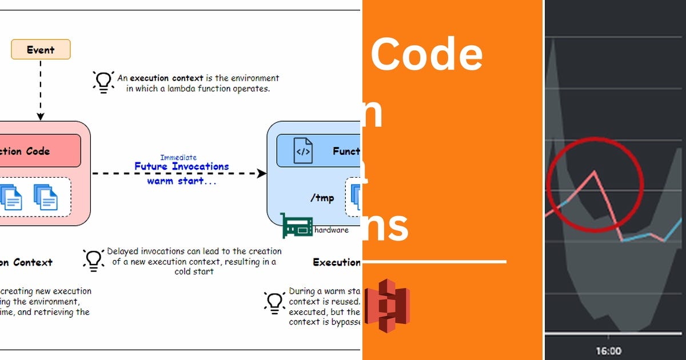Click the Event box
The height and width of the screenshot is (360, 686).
click(41, 50)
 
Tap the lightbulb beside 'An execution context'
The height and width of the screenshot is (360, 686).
click(103, 82)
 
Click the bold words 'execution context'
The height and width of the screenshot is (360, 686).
click(166, 78)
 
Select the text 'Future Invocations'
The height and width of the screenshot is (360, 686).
click(181, 167)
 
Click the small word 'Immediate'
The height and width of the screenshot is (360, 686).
click(178, 157)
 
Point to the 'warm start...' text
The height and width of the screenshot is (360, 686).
click(182, 181)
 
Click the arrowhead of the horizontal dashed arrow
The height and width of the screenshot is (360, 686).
click(262, 173)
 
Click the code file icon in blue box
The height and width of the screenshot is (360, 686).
click(303, 151)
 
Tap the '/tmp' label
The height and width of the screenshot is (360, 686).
click(322, 198)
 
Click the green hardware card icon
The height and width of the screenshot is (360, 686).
click(297, 226)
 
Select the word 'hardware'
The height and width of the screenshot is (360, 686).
click(331, 230)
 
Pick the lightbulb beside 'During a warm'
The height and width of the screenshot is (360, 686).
click(274, 302)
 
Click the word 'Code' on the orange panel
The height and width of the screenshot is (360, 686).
click(426, 54)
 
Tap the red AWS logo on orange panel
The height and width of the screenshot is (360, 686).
click(387, 306)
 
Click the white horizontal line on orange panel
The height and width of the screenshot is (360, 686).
click(434, 262)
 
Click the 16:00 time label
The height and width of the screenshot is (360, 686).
click(608, 350)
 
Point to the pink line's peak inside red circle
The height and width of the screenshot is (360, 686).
click(595, 171)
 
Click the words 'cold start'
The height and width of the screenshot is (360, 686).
click(194, 271)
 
